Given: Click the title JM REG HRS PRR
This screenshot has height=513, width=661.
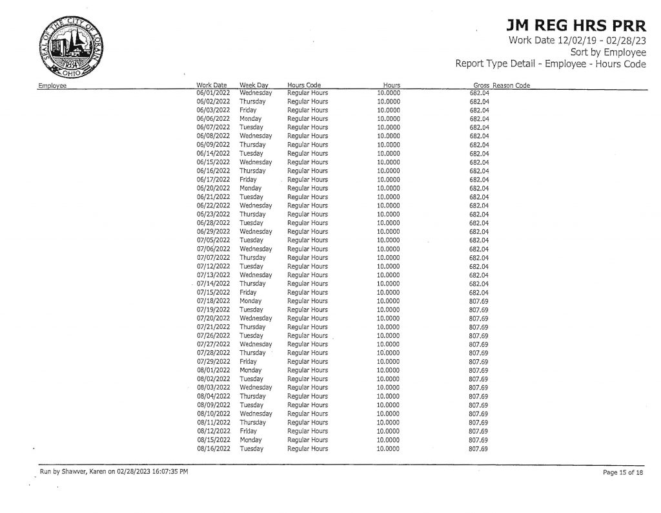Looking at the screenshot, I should pyautogui.click(x=576, y=26).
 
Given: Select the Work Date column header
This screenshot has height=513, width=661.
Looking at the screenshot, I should pyautogui.click(x=211, y=85).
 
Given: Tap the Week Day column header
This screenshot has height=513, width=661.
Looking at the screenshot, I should pyautogui.click(x=254, y=85).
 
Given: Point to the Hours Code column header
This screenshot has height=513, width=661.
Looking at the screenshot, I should pyautogui.click(x=304, y=85).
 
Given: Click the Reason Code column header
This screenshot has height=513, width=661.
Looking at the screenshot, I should pyautogui.click(x=513, y=85).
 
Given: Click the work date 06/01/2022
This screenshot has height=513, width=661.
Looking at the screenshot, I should pyautogui.click(x=213, y=93).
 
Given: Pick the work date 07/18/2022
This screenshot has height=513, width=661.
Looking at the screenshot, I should pyautogui.click(x=213, y=301).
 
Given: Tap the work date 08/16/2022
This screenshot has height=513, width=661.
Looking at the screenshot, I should pyautogui.click(x=213, y=448).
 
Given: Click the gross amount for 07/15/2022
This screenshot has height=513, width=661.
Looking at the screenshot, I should pyautogui.click(x=479, y=292).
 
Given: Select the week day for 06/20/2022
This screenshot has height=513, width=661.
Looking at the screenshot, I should pyautogui.click(x=250, y=188).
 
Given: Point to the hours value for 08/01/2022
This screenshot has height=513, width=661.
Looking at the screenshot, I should pyautogui.click(x=388, y=371).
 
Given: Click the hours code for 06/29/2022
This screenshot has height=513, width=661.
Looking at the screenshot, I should pyautogui.click(x=307, y=231).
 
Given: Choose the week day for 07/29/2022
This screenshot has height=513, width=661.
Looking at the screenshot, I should pyautogui.click(x=248, y=362).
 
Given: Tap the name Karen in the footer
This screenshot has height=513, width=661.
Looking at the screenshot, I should pyautogui.click(x=89, y=473).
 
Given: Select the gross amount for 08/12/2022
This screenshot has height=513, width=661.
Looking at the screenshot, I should pyautogui.click(x=479, y=431).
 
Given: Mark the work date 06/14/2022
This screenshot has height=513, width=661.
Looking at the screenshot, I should pyautogui.click(x=213, y=154).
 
